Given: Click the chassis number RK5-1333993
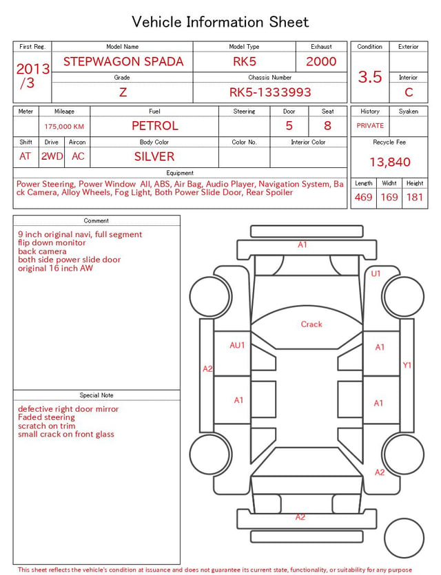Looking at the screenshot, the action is click(270, 92).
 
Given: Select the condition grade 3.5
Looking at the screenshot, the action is click(370, 76).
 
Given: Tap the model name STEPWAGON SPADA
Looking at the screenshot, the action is click(123, 61).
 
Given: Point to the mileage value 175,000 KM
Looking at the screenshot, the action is click(64, 127).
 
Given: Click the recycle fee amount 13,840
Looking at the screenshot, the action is click(389, 162).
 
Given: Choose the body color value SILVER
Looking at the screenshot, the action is click(154, 156).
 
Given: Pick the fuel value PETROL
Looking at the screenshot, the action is click(155, 126).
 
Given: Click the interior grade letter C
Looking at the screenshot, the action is click(409, 92).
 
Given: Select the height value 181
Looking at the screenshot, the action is click(415, 197).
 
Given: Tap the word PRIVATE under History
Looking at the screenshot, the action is click(370, 125).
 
